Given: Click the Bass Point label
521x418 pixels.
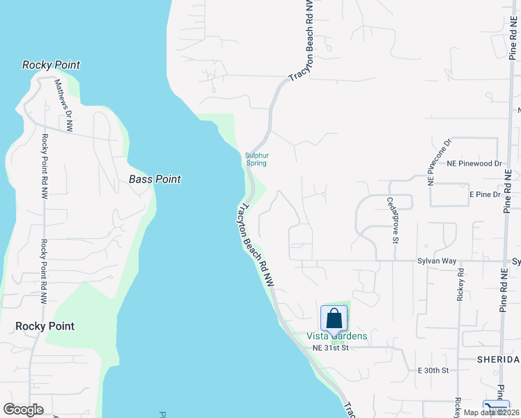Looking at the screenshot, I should [155, 179].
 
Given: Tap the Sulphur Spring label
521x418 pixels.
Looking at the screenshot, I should [256, 160].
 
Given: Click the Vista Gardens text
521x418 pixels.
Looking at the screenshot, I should [337, 336].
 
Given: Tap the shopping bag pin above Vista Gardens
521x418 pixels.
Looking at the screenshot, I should [334, 318].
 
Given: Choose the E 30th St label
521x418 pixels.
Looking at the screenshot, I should [433, 371].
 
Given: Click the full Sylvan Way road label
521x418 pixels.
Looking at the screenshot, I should [437, 261].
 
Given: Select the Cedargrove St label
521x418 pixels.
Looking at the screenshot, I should [391, 220].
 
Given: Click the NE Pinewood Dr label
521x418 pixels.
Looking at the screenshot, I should [474, 164].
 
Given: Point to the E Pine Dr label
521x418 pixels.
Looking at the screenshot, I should [485, 194].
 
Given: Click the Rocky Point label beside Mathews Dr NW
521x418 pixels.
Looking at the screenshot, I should [51, 65].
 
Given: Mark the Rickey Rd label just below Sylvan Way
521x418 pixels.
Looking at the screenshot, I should [460, 286].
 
